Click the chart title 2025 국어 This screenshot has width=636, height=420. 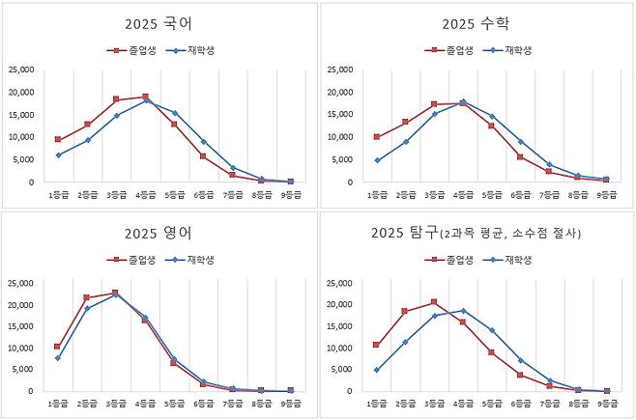158,23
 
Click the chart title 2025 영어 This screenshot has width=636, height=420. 158,233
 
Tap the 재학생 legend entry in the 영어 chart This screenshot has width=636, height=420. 189,259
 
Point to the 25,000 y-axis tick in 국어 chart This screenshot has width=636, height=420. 23,70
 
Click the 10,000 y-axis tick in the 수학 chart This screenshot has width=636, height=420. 341,137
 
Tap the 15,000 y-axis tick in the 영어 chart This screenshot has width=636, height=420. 23,326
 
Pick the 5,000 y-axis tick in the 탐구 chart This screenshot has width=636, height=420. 343,370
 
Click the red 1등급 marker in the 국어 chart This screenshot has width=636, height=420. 59,139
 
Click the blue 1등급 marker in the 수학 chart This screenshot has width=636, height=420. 377,160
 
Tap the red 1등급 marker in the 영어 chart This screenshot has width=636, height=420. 59,346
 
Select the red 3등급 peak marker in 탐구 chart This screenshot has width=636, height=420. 434,302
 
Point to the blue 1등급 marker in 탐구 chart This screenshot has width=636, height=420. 377,370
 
